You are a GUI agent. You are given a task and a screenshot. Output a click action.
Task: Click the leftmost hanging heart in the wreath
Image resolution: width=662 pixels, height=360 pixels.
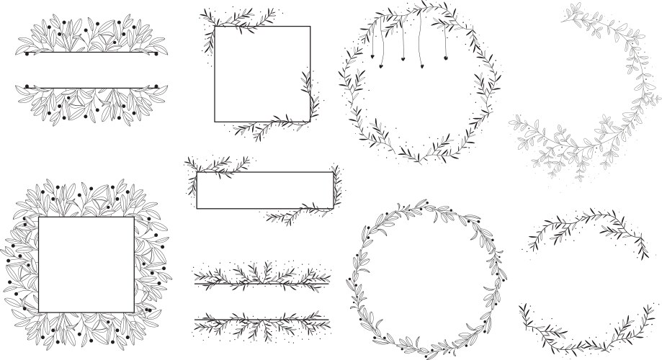pos(373,58)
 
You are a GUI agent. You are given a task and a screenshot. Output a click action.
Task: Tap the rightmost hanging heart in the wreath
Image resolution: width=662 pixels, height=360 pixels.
pos(447,58)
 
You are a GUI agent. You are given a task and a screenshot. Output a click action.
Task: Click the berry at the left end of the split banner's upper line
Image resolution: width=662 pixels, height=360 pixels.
pos(26,53)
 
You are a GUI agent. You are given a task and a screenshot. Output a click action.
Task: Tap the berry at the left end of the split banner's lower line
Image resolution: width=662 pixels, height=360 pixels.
pos(26,87)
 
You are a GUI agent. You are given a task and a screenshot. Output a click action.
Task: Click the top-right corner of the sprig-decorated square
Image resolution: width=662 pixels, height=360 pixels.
pos(310,27)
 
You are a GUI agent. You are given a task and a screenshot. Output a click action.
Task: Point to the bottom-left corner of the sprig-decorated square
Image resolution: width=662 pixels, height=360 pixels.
pos(215,122)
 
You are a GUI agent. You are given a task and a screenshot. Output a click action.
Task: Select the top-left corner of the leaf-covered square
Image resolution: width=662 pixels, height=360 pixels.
pos(39,217)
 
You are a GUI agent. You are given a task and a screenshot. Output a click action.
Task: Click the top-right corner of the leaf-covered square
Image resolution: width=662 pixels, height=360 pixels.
pos(134,217)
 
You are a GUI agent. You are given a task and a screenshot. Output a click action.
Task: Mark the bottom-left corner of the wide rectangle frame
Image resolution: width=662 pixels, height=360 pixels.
pos(197,209)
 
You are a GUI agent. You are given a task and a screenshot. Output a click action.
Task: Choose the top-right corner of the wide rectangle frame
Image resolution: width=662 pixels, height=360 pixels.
pos(334,172)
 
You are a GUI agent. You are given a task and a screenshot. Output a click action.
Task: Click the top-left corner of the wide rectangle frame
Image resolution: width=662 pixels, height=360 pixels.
pos(197,172)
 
